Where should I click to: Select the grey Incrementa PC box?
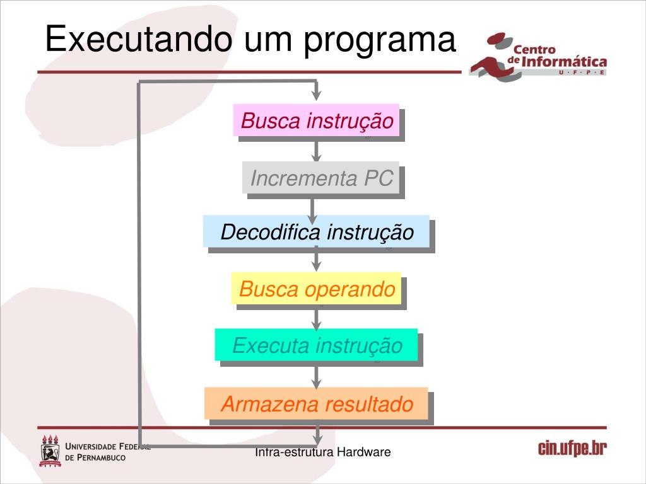pyautogui.click(x=321, y=178)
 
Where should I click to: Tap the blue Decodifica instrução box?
pyautogui.click(x=317, y=232)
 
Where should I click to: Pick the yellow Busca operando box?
pyautogui.click(x=317, y=289)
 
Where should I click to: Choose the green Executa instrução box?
pyautogui.click(x=317, y=345)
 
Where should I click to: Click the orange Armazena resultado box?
pyautogui.click(x=317, y=403)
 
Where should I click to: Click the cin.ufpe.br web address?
pyautogui.click(x=572, y=449)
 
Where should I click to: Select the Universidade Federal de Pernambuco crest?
pyautogui.click(x=50, y=450)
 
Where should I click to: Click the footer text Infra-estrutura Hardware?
pyautogui.click(x=323, y=452)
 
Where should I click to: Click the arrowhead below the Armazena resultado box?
pyautogui.click(x=317, y=434)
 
